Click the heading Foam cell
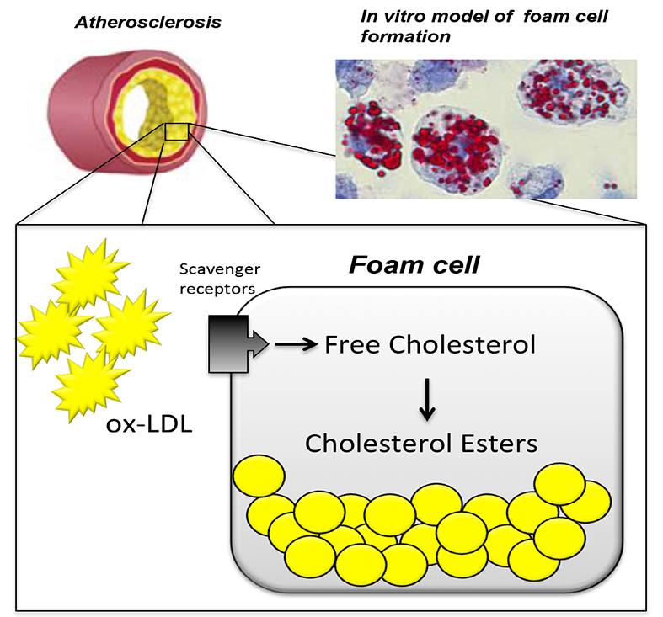(x=415, y=268)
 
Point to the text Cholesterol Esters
(x=421, y=443)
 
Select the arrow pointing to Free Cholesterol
(x=293, y=343)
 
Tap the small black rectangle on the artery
(x=176, y=131)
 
